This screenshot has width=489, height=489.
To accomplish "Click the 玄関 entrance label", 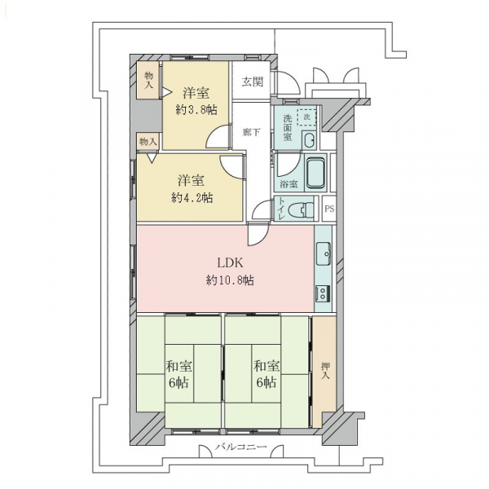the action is pos(253,81).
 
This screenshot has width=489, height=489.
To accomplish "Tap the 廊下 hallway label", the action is pos(251,132).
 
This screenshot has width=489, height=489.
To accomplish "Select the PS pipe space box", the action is pos(329,209).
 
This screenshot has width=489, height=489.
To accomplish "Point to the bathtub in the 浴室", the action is pos(315,173).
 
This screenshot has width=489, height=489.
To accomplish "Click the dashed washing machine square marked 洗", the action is pos(306,117).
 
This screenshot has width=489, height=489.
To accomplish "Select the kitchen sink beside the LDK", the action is pos(323,253).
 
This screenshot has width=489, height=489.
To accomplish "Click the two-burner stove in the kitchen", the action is pos(323,293).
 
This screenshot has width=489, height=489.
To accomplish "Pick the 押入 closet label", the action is pos(325,371).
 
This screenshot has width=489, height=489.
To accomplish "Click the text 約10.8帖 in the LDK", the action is pos(230,280).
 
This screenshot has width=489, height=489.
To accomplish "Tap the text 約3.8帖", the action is pos(196,109).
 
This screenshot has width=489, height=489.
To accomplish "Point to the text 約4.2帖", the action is pos(192,197).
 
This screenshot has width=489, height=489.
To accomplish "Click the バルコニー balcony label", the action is pos(240,447).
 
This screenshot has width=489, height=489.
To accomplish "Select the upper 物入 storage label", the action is pos(149,80).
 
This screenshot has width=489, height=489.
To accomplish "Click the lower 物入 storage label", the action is pos(148,142).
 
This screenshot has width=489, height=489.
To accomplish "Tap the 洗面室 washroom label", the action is pos(287,128).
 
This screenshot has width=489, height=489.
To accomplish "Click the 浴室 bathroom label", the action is pos(289,184).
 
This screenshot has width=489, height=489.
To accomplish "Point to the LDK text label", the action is pos(230,263).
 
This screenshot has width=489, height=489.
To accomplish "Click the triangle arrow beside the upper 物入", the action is pos(166,92).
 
